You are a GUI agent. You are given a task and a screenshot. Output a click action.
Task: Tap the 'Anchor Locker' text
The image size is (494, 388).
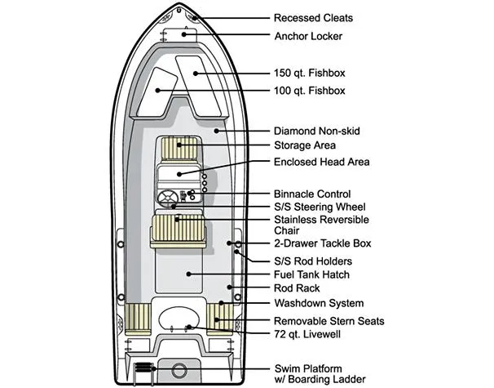coord(308,35)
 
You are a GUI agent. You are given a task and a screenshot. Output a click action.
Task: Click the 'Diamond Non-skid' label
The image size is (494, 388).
coord(315,131)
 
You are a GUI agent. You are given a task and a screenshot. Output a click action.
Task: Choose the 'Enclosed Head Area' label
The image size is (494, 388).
coord(321,163)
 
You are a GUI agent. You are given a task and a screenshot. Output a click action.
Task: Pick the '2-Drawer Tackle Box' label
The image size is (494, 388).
coord(322,243)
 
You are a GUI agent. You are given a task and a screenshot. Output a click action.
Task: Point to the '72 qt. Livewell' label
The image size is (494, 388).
coord(306,334)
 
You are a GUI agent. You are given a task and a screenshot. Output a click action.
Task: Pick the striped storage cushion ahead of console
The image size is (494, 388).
coord(180,149)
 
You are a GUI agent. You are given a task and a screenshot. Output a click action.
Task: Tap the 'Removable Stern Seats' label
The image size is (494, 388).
coord(329,321)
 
